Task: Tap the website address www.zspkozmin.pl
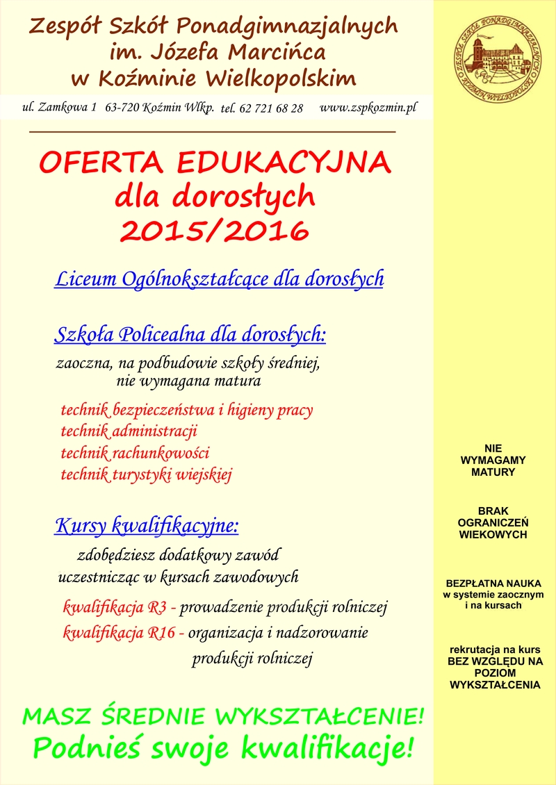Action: (x=368, y=108)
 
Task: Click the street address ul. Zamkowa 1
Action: (x=59, y=108)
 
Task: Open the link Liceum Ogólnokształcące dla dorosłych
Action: (x=219, y=279)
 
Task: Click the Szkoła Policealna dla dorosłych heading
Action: (x=190, y=335)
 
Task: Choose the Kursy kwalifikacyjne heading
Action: (x=146, y=526)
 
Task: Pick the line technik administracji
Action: (x=129, y=431)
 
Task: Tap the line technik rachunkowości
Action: (x=135, y=453)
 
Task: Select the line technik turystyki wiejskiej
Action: (x=146, y=475)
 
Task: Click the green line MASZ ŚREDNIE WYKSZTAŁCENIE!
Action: (x=223, y=716)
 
